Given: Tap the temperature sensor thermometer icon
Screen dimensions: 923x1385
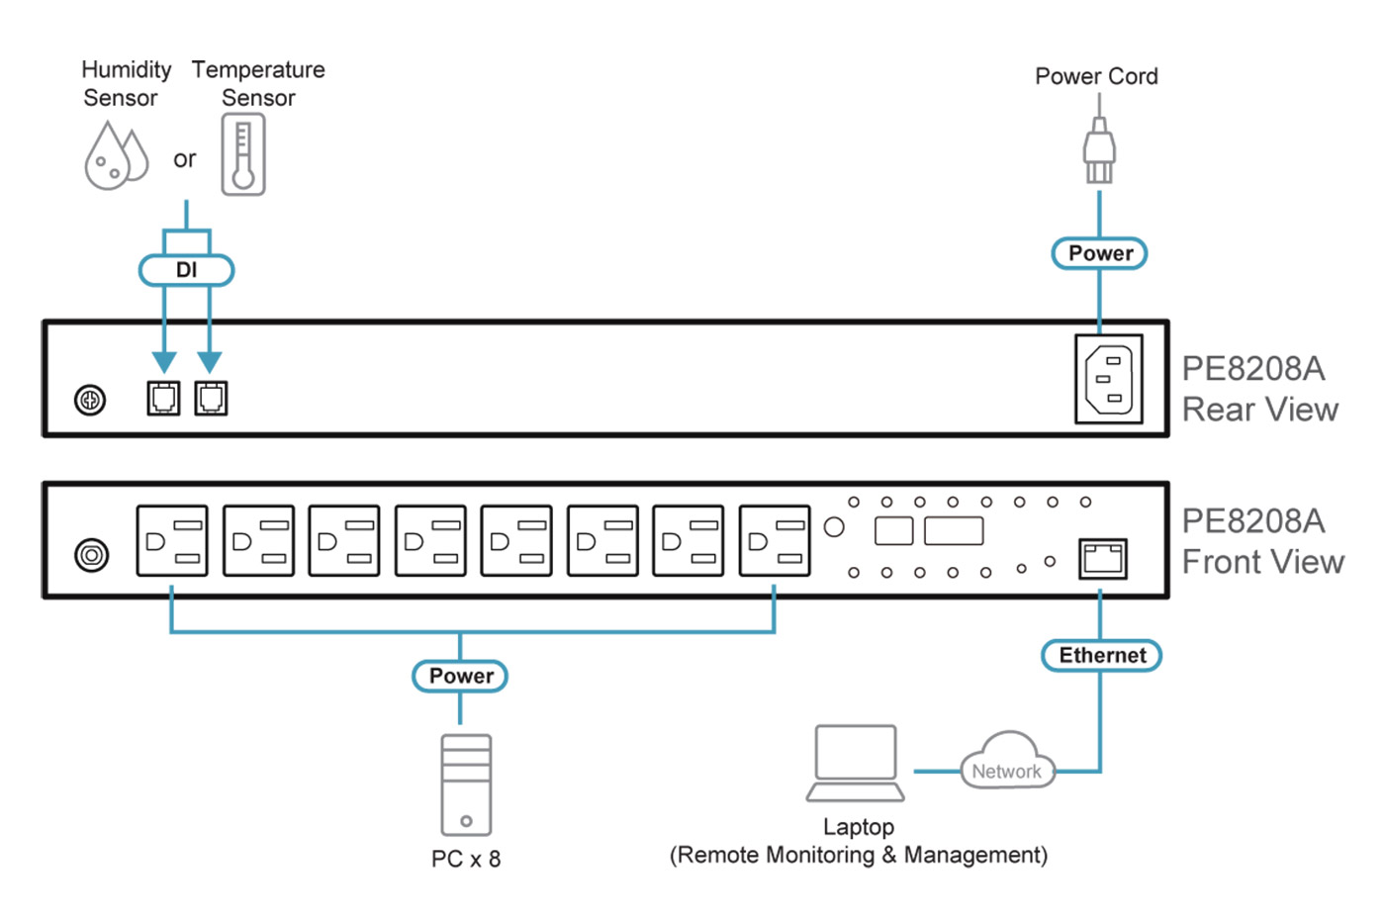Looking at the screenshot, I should click(243, 154).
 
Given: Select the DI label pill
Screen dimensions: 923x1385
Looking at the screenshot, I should click(186, 270).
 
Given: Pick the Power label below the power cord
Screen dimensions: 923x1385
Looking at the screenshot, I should click(1099, 253).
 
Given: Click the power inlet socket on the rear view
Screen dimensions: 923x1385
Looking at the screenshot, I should click(1109, 380).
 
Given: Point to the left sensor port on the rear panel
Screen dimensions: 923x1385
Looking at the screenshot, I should click(163, 398).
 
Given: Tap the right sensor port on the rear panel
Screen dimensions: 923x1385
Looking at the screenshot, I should click(211, 398).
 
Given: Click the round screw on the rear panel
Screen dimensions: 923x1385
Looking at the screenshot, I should click(90, 401).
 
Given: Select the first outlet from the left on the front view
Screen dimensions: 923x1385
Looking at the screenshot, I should click(172, 540).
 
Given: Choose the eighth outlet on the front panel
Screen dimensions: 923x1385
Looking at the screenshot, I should click(775, 540).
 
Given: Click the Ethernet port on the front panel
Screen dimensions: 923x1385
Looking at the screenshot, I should click(1103, 559).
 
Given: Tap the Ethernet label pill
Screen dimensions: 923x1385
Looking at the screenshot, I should click(1101, 655).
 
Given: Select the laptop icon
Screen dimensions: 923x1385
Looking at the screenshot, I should click(856, 763).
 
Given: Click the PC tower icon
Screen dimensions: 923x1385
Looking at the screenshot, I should click(466, 785).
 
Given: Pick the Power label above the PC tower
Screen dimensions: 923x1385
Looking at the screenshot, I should click(460, 676).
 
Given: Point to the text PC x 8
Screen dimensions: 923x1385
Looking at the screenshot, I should click(466, 859).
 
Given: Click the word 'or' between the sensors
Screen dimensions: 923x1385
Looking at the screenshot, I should click(185, 159).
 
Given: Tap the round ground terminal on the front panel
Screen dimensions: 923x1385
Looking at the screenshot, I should click(92, 555).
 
